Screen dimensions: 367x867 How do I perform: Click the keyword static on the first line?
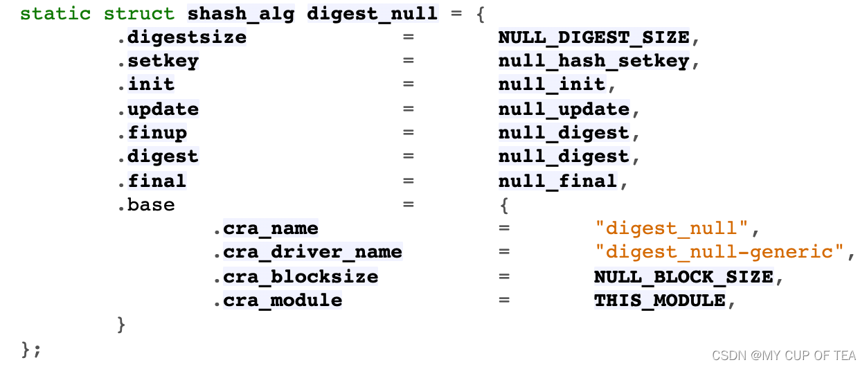pos(55,13)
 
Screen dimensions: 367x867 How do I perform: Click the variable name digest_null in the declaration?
pos(372,13)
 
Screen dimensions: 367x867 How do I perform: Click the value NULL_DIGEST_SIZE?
pos(593,37)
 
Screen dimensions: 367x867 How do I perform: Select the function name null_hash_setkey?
pos(593,61)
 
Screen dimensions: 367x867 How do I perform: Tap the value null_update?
pos(564,109)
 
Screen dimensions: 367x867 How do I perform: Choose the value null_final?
pos(557,181)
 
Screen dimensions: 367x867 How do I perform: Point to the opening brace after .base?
pos(504,205)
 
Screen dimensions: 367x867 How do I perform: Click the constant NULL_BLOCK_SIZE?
pos(683,277)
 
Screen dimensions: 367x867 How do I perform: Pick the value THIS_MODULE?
pos(659,301)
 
